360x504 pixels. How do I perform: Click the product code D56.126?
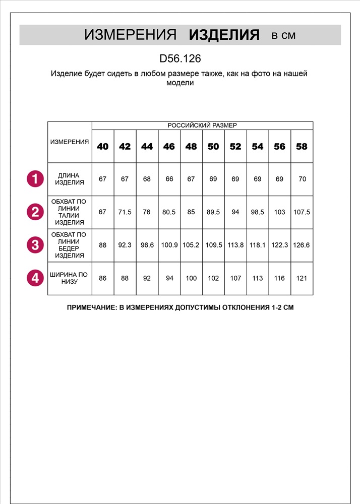[180, 59]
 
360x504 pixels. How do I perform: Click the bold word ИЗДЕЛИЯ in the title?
[224, 35]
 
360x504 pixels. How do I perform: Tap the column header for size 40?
[102, 147]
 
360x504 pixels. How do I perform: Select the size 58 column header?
[302, 147]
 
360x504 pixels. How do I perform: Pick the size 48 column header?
[191, 147]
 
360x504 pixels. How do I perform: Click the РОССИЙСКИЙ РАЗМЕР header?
[202, 125]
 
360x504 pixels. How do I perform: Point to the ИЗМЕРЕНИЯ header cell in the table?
[70, 142]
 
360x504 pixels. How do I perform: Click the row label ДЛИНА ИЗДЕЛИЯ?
[70, 179]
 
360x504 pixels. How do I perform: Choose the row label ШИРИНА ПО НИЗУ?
[70, 278]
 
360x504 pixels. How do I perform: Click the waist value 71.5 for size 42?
[125, 212]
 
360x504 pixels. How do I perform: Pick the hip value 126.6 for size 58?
[302, 245]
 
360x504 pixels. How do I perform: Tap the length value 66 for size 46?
[169, 179]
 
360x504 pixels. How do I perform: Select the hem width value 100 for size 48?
[191, 278]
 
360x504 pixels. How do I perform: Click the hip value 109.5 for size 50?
[213, 245]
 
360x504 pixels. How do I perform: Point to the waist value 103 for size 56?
[279, 212]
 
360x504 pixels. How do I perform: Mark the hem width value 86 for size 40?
[102, 278]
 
